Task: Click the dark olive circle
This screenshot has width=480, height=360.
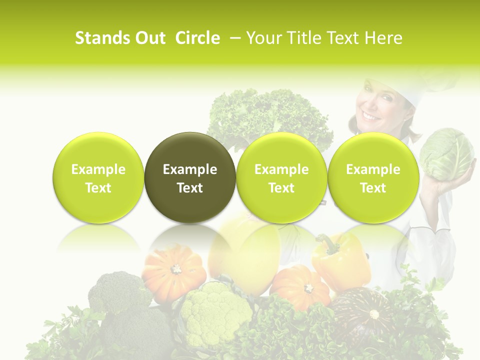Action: pos(190,177)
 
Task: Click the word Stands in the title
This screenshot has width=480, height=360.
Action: pos(102,38)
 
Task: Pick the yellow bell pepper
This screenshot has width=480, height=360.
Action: pos(340,260)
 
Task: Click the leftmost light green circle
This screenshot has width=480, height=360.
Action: pos(98,177)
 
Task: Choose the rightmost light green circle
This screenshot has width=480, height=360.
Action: pos(373,177)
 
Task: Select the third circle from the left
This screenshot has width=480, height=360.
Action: pos(281,177)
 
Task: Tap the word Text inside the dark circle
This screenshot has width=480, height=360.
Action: pos(190,188)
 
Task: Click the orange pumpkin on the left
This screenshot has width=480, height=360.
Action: pos(174,272)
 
